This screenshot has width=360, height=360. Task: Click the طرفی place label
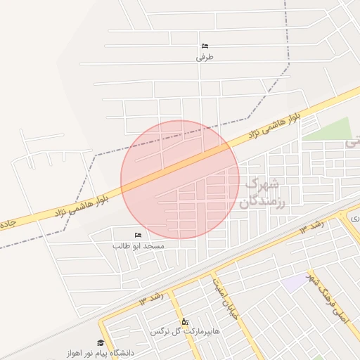(205, 58)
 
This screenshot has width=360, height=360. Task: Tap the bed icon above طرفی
(205, 46)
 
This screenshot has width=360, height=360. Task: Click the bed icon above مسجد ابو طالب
(138, 235)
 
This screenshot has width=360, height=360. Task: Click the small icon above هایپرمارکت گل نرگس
(184, 321)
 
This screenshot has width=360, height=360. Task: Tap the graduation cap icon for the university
(101, 342)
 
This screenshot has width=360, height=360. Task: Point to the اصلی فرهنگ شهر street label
(328, 295)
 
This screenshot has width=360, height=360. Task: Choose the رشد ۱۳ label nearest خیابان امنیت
(150, 299)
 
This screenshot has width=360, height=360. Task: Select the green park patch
(329, 130)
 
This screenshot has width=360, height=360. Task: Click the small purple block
(295, 283)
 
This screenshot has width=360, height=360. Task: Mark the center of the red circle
(180, 180)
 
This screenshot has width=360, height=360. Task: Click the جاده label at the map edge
(6, 224)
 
